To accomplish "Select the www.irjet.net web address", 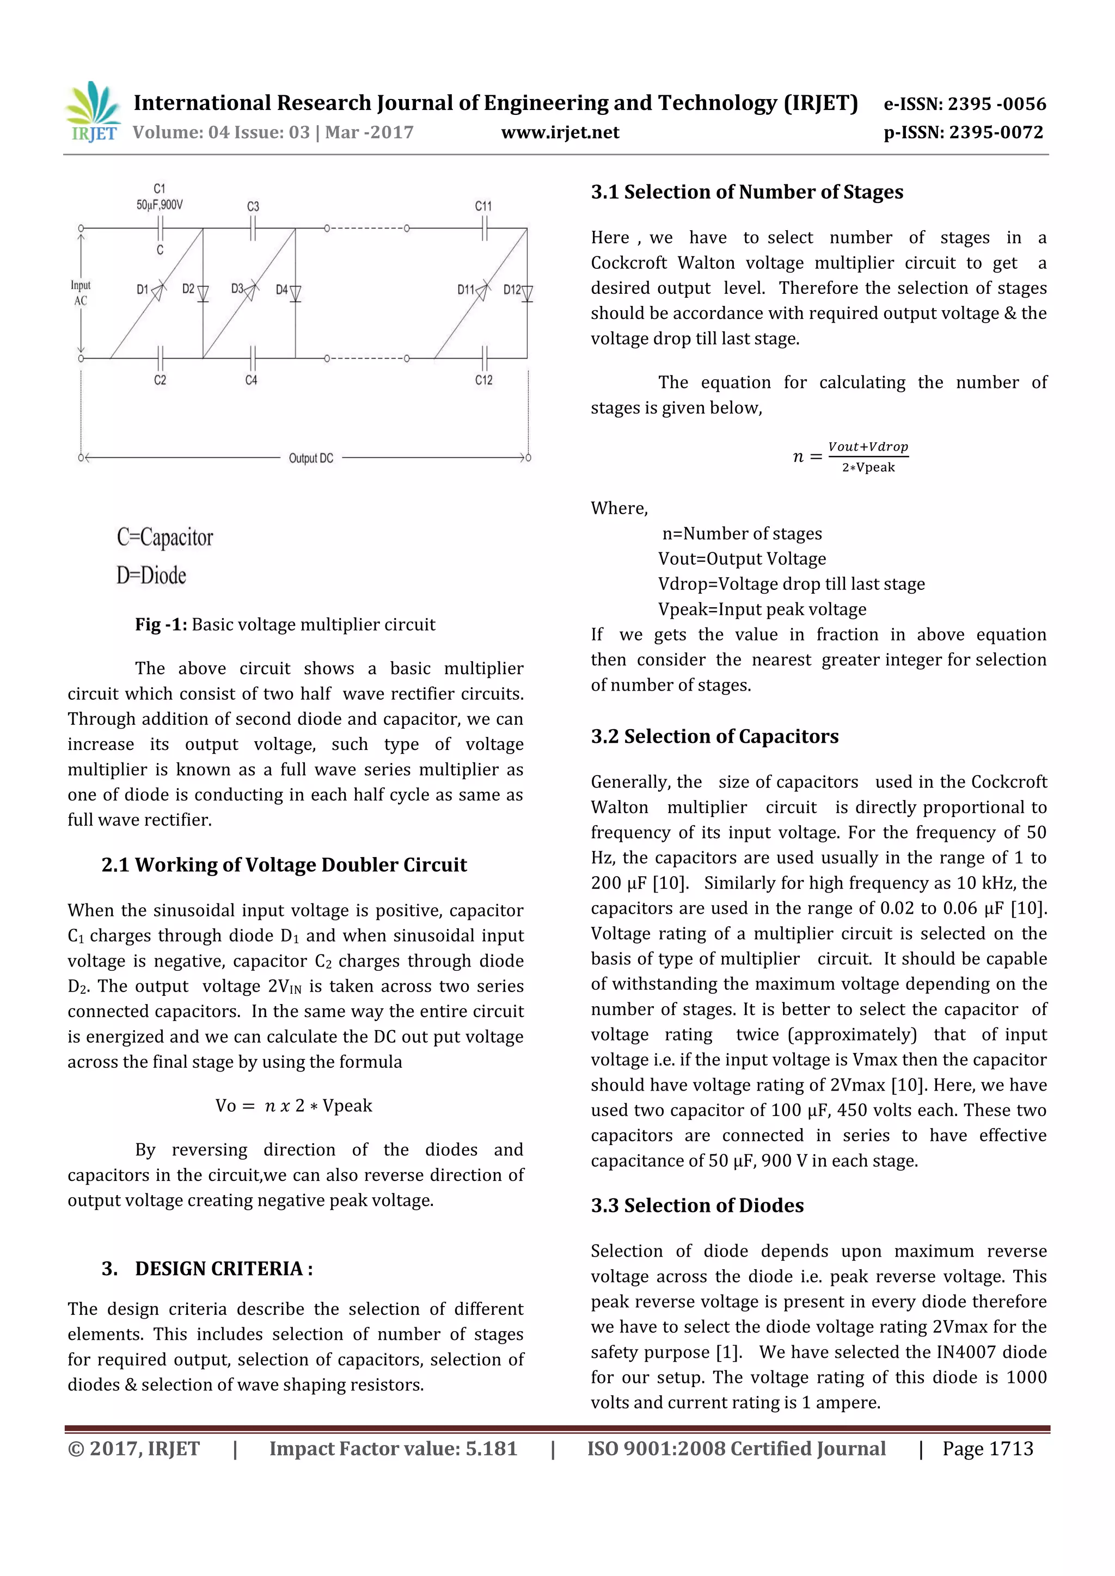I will [x=560, y=132].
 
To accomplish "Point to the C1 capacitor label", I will [x=160, y=188].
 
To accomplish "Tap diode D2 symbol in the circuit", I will [x=203, y=294].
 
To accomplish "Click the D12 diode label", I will [x=512, y=290].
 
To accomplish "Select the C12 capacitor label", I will [x=483, y=380].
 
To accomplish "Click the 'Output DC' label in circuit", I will [x=310, y=458].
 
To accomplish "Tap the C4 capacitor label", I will [x=252, y=380].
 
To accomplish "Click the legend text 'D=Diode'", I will [x=151, y=575].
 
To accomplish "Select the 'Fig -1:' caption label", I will [x=161, y=625].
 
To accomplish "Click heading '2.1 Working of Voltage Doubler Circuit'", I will [x=284, y=865].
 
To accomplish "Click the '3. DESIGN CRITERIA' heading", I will [x=207, y=1269].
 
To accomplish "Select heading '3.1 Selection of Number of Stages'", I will [x=746, y=192].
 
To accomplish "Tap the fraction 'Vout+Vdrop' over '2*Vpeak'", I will [x=867, y=457].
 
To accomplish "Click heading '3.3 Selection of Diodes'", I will [x=697, y=1205].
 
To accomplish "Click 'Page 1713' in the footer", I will [x=987, y=1449].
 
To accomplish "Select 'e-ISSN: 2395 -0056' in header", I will [x=964, y=104].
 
